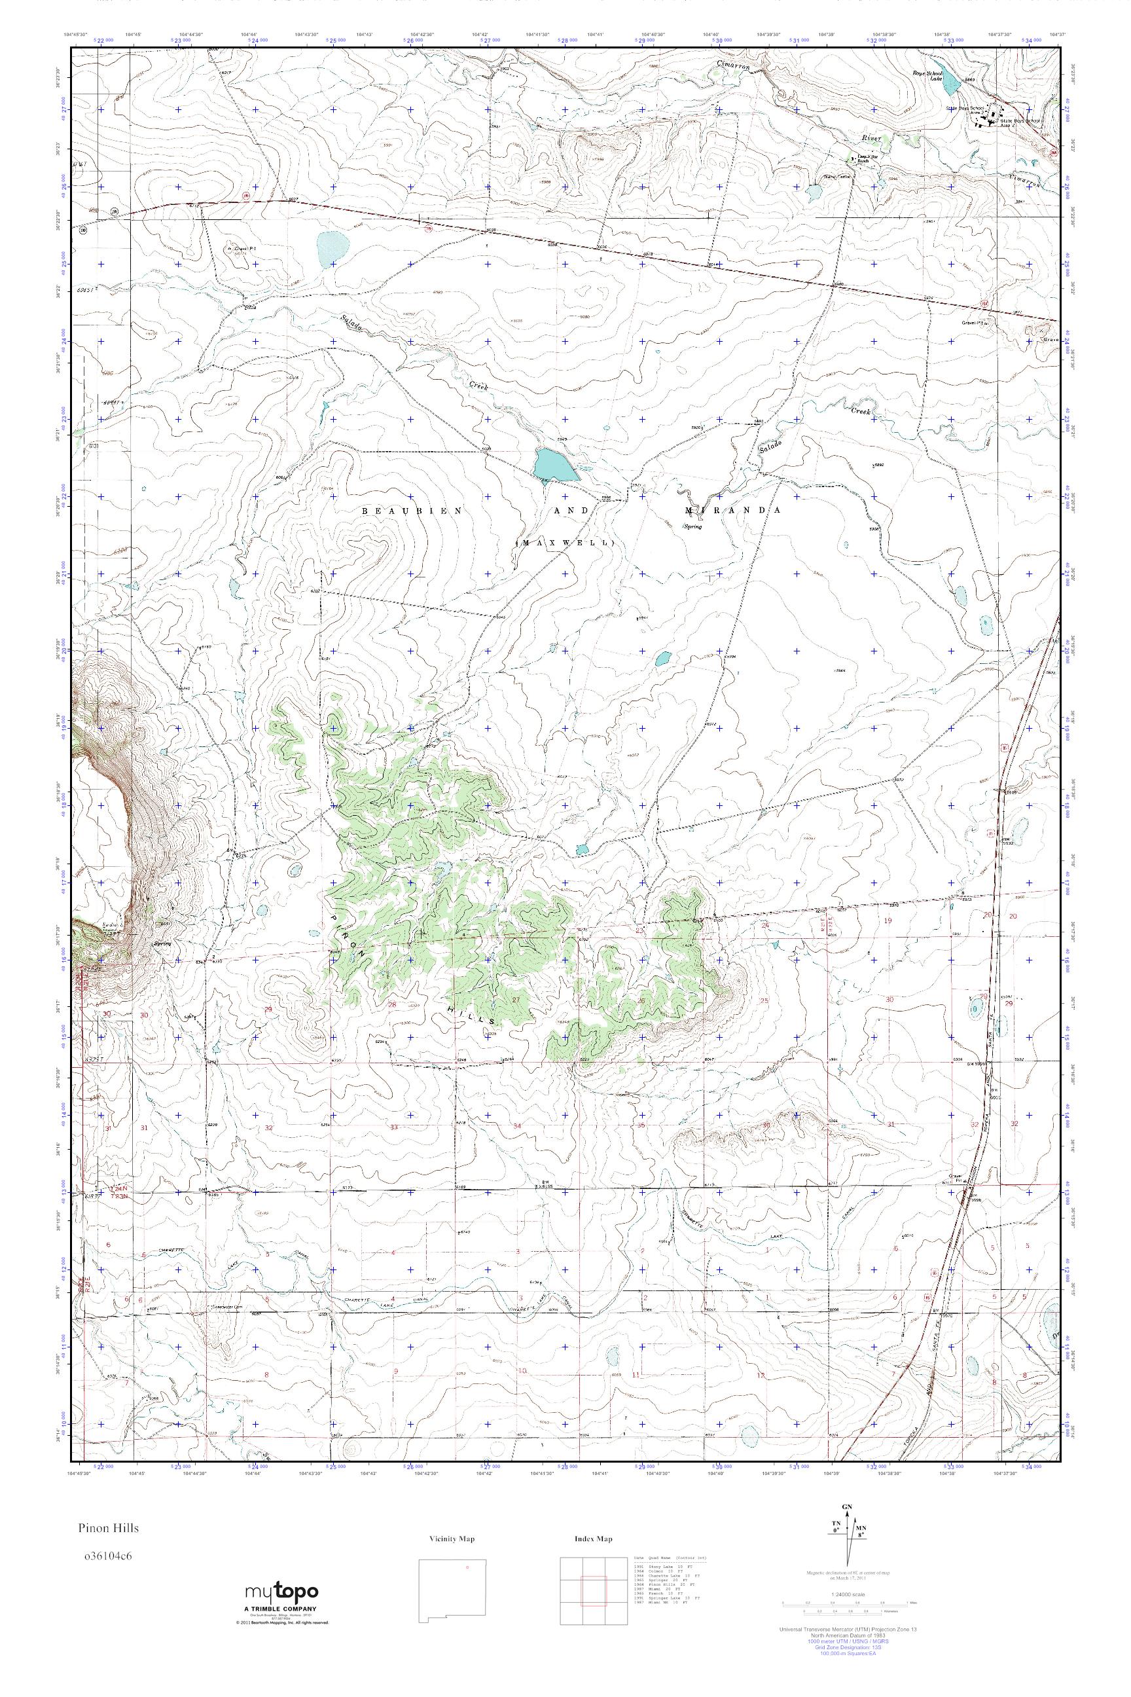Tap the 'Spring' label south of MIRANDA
click(x=692, y=526)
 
